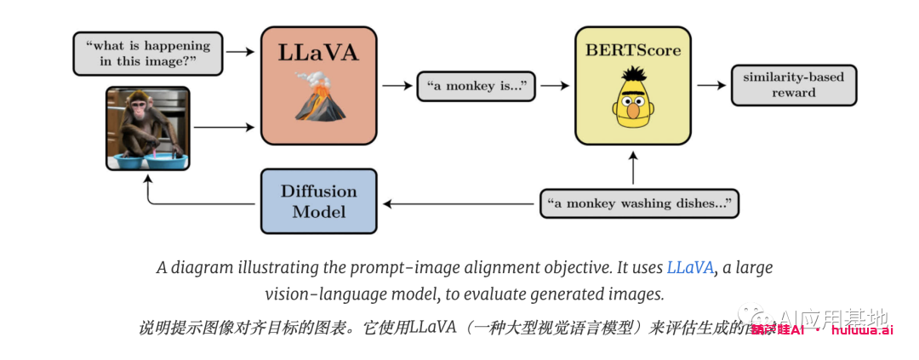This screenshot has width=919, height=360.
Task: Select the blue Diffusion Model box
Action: coord(318,201)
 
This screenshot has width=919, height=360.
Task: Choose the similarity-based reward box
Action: coord(793,85)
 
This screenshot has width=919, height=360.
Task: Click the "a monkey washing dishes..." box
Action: coord(639,203)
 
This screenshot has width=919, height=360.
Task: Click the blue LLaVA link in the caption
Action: coord(690,267)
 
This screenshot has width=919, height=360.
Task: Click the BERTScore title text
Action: coord(632,50)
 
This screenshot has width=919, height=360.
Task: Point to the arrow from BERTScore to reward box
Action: coord(709,85)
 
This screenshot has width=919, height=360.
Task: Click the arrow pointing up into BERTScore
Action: coord(632,167)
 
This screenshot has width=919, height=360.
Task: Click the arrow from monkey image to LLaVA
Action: coord(224,127)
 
